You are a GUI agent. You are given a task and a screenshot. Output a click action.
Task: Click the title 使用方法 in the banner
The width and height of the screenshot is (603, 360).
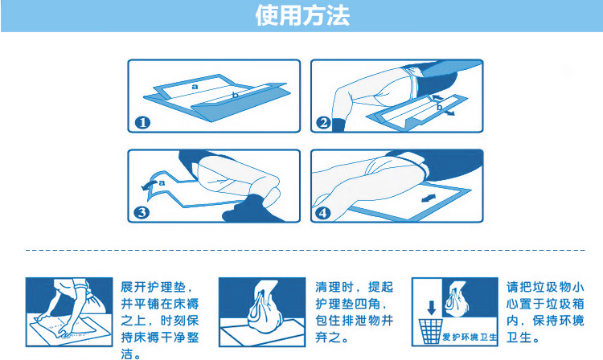(302, 16)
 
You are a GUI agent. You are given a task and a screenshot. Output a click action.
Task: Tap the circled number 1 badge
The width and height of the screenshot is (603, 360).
(142, 123)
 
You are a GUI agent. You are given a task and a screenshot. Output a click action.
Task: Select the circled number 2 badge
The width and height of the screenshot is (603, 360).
(323, 123)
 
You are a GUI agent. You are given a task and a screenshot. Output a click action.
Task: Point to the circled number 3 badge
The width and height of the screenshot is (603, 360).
(142, 212)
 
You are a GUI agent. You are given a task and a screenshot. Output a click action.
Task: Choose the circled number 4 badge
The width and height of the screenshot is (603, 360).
(322, 212)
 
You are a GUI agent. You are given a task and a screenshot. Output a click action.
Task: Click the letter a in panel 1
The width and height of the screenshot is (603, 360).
(195, 87)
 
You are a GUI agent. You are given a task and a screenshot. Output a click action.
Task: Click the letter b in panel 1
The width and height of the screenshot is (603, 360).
(236, 95)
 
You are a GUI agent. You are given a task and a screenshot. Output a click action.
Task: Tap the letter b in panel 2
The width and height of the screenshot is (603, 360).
(439, 107)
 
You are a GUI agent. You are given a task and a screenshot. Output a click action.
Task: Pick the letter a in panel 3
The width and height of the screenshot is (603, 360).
(162, 183)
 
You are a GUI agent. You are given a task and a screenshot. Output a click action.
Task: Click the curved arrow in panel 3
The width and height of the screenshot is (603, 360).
(149, 184)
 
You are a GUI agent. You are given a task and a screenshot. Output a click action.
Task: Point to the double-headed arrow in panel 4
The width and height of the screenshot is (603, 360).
(429, 198)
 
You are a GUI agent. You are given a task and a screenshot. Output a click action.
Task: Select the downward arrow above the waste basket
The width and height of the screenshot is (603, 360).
(432, 307)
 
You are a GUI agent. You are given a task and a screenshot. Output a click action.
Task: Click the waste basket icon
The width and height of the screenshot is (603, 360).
(430, 331)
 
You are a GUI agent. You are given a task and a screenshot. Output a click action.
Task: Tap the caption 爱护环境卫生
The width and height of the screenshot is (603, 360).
(470, 337)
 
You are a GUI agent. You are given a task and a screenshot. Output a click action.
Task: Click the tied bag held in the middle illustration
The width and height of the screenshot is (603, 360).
(265, 309)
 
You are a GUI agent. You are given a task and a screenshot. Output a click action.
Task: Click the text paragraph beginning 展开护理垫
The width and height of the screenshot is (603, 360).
(160, 321)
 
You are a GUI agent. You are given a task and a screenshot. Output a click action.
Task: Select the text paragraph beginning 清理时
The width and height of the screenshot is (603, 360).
(355, 312)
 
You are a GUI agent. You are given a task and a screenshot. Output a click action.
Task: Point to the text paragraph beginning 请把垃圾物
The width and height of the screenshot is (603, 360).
(545, 312)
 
